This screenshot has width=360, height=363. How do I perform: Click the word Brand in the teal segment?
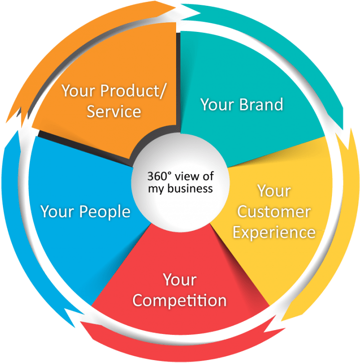pyautogui.click(x=261, y=105)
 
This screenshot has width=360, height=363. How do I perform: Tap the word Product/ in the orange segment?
pyautogui.click(x=133, y=91)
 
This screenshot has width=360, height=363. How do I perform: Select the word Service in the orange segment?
pyautogui.click(x=114, y=111)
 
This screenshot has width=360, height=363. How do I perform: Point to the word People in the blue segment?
pyautogui.click(x=105, y=212)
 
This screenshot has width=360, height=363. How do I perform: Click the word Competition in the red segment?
pyautogui.click(x=180, y=301)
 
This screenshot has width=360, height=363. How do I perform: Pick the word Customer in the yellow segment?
pyautogui.click(x=274, y=212)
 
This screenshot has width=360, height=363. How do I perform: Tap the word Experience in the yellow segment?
pyautogui.click(x=274, y=233)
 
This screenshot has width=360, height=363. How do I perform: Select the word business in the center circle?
pyautogui.click(x=190, y=188)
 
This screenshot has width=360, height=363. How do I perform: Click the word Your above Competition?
pyautogui.click(x=180, y=280)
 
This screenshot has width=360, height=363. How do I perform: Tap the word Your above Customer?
pyautogui.click(x=274, y=191)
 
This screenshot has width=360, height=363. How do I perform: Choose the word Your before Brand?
pyautogui.click(x=217, y=105)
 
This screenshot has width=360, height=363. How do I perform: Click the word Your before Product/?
pyautogui.click(x=78, y=91)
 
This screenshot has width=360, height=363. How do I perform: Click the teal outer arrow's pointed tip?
pyautogui.click(x=348, y=150)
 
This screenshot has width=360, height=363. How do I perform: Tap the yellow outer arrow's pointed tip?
pyautogui.click(x=281, y=321)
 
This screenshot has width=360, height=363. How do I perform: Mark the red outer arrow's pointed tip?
pyautogui.click(x=80, y=322)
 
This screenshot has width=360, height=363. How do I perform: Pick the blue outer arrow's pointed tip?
pyautogui.click(x=17, y=131)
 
